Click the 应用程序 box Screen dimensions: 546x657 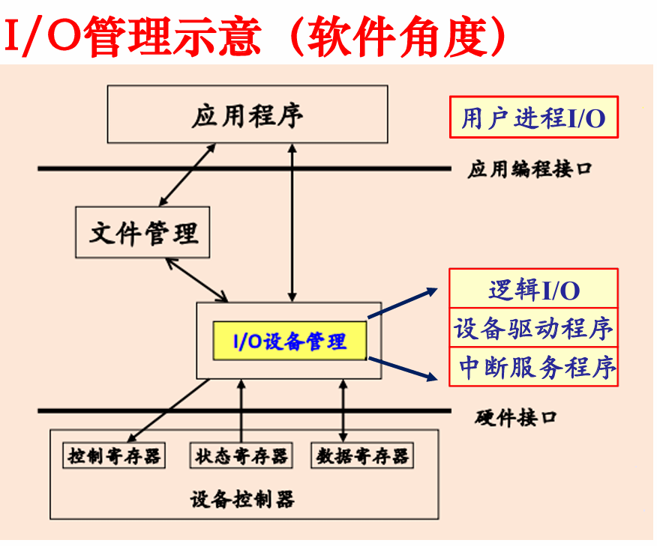point(247,115)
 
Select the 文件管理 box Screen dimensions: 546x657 point(142,232)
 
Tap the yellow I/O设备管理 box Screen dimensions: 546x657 point(290,342)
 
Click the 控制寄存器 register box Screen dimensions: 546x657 point(114,455)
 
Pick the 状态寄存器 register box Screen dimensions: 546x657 point(241,455)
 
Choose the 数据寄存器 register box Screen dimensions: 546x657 point(362,455)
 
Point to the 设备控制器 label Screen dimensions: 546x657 point(242,499)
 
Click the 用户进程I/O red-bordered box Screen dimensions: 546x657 point(533,118)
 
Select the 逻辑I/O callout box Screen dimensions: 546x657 point(533,288)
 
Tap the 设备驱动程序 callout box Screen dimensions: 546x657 point(533,328)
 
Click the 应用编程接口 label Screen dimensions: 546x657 point(529,169)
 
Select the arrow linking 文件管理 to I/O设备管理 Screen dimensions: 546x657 point(197,279)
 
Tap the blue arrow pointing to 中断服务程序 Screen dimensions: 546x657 point(402,369)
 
